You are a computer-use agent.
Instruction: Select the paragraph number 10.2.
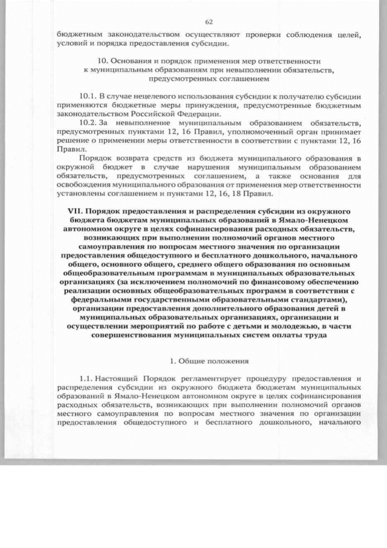click(88, 122)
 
